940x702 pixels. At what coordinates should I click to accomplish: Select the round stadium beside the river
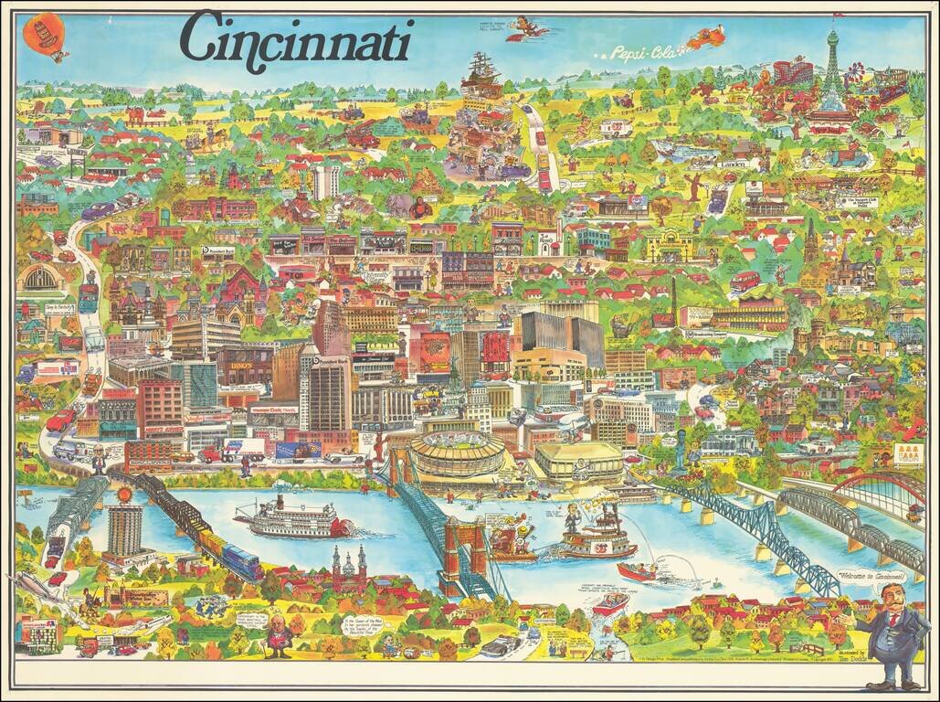pos(457,452)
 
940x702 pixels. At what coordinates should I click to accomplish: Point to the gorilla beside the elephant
pos(420,207)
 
